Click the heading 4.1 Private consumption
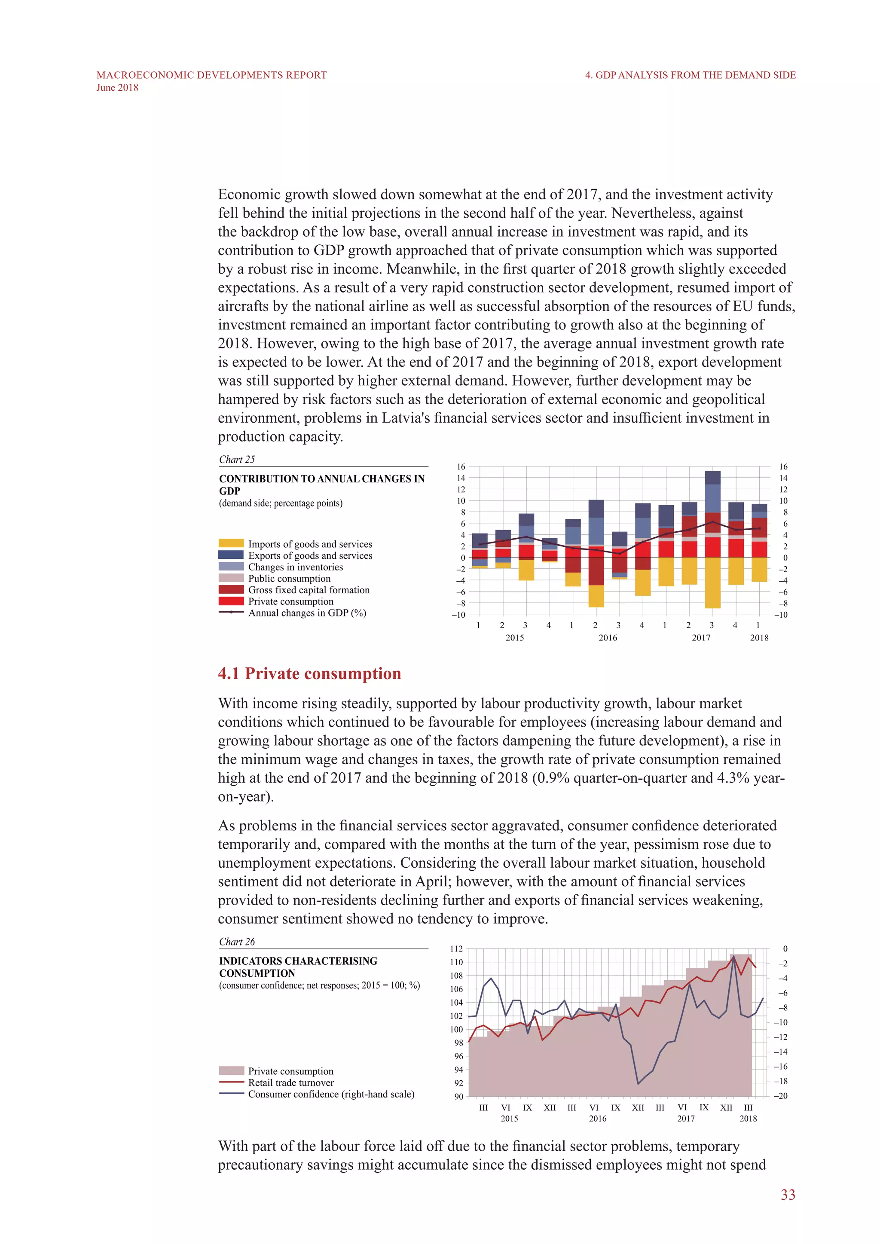(x=309, y=674)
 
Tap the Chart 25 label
(x=237, y=460)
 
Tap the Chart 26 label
(x=237, y=942)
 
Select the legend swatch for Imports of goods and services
(x=231, y=543)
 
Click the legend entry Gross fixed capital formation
(x=309, y=590)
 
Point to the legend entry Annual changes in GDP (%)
(x=307, y=613)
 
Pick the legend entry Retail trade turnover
(x=291, y=1082)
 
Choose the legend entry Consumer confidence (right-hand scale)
(x=331, y=1094)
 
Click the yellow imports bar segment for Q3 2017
(x=712, y=582)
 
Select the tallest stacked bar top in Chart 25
(x=712, y=473)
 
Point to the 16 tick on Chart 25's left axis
(x=461, y=466)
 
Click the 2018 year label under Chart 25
(x=759, y=638)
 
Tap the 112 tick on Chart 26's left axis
(x=456, y=949)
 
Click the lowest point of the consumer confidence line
(x=639, y=1084)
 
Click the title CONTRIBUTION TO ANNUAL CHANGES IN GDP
(x=321, y=485)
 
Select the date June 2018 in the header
(x=117, y=88)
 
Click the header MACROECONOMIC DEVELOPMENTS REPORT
(x=211, y=75)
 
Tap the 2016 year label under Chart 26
(x=597, y=1118)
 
